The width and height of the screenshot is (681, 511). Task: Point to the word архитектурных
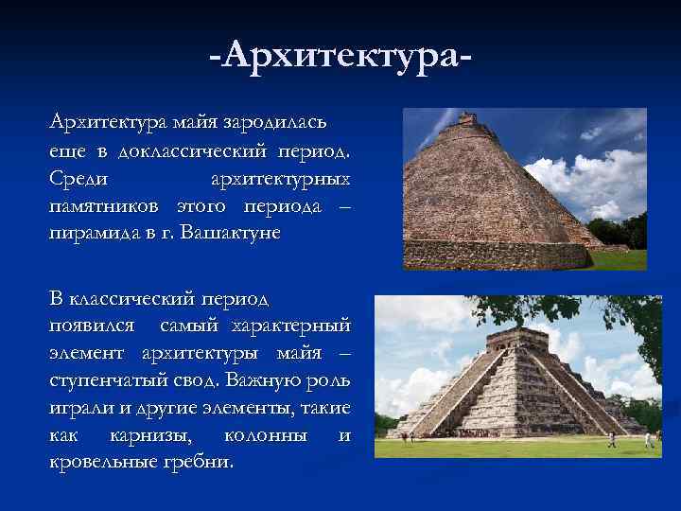(x=280, y=178)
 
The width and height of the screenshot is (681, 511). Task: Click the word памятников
(x=105, y=205)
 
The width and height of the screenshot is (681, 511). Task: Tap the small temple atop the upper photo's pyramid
(x=465, y=120)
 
